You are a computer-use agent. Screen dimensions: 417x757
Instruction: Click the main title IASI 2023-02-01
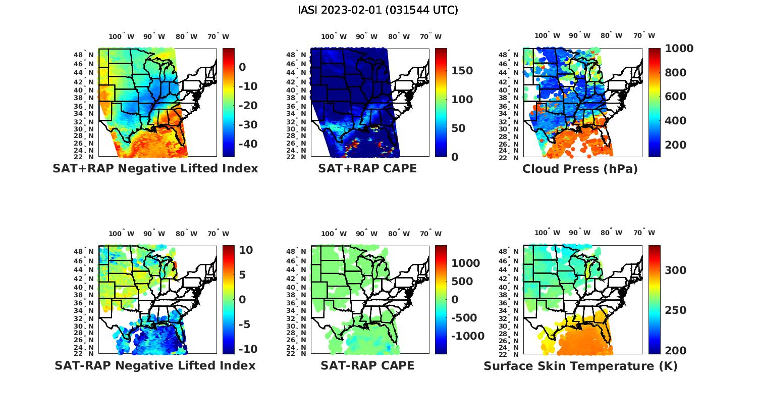pos(378,10)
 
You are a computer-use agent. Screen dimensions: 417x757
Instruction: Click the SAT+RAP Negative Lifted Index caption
pos(155,168)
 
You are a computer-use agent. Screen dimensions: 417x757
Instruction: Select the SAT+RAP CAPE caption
pos(367,168)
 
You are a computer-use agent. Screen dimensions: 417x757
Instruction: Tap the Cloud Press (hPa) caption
pos(580,169)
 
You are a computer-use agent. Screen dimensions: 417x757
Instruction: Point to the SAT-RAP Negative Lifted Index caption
pos(155,365)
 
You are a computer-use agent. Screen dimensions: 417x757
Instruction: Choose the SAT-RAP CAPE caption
pos(367,365)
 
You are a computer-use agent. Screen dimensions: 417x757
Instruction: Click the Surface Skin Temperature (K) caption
pos(580,366)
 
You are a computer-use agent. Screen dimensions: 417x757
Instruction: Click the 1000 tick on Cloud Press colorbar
pos(679,49)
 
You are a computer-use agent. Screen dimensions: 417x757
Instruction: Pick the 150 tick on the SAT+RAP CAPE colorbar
pos(462,71)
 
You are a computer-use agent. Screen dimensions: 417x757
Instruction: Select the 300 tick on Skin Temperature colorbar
pos(675,270)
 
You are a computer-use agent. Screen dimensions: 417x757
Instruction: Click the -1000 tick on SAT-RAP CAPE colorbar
pos(467,336)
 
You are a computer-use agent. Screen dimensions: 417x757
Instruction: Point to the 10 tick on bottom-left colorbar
pos(246,250)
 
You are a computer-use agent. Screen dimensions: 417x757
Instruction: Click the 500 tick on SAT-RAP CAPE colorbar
pos(462,282)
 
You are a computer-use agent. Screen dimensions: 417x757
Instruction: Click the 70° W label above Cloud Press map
pos(644,36)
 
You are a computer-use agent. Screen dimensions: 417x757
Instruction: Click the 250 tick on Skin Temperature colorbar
pos(675,310)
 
